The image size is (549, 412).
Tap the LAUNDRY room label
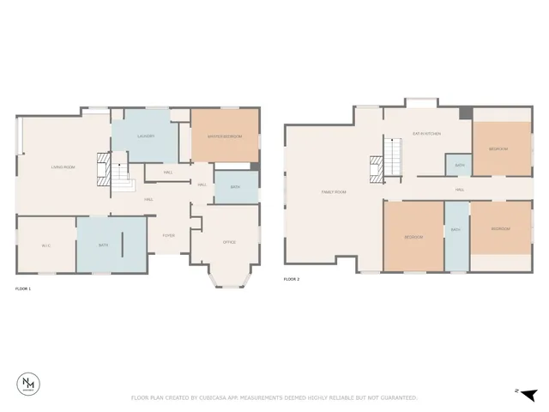145,136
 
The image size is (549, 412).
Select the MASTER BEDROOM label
224,136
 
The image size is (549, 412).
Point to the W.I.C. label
46,245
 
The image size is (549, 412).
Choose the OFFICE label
229,243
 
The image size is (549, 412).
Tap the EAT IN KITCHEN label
426,134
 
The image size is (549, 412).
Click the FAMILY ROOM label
334,191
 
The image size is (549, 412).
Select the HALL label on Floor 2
460,189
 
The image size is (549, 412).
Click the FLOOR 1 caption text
23,288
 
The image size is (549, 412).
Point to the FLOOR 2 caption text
292,280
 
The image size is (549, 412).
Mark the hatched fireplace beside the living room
103,168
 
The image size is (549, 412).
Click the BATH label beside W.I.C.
103,245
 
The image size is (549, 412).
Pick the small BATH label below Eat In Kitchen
459,165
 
